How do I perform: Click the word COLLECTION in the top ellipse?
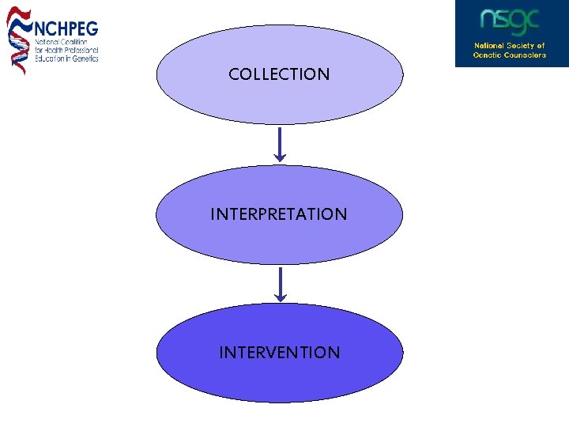(x=279, y=74)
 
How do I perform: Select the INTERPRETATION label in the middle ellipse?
(x=279, y=214)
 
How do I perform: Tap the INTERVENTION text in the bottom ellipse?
(x=279, y=353)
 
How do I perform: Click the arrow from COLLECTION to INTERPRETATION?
(x=279, y=143)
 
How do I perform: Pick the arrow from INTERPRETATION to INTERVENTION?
(x=279, y=283)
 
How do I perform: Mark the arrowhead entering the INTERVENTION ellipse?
(x=279, y=298)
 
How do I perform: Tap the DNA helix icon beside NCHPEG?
(x=18, y=40)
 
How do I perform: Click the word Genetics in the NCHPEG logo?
(x=84, y=59)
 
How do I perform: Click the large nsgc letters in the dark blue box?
(x=510, y=21)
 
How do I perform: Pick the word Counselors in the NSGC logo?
(x=524, y=55)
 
